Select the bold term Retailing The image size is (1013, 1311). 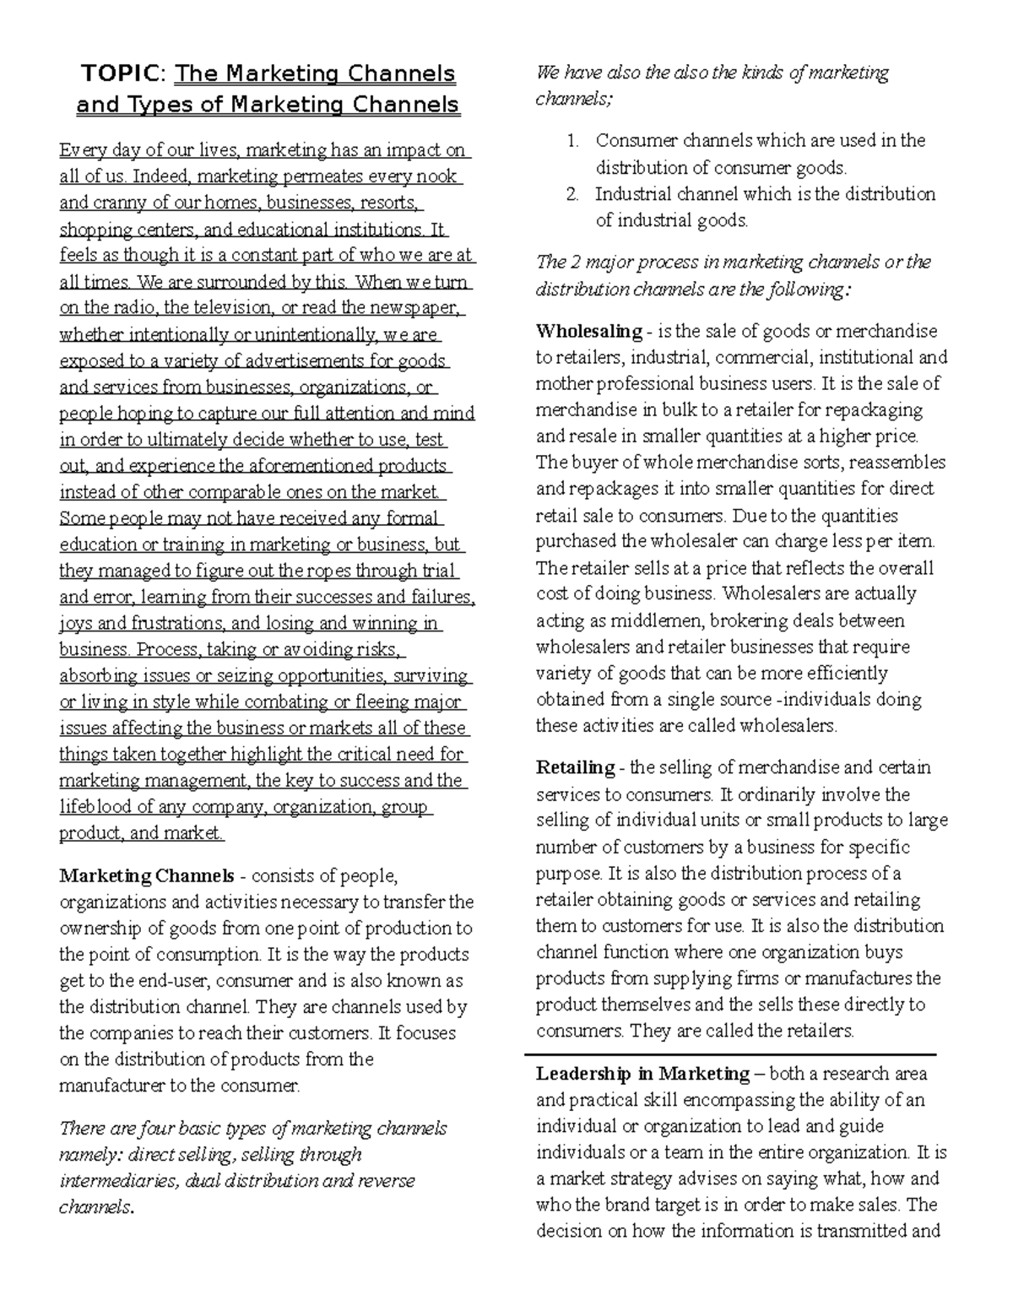tap(575, 767)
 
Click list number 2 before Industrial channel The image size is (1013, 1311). tap(573, 194)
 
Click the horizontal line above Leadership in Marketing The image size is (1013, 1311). tap(730, 1054)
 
